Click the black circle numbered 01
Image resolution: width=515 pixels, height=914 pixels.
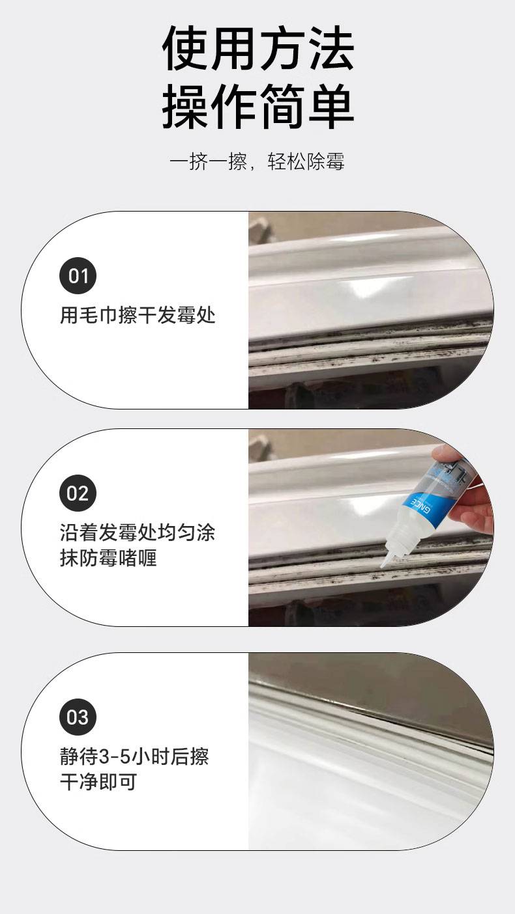coord(78,275)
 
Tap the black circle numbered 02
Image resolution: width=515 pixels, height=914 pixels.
coord(78,493)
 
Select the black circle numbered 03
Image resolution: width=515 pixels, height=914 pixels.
coord(78,717)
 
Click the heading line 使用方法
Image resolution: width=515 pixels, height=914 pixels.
coord(258,49)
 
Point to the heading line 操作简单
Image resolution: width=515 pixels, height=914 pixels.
coord(258,107)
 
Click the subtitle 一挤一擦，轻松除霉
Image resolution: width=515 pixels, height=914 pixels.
coord(257,161)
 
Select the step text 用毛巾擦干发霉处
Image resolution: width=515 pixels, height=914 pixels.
coord(138,316)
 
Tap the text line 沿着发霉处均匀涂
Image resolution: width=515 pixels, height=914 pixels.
coord(138,533)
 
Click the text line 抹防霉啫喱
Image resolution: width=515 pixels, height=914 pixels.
coord(108,558)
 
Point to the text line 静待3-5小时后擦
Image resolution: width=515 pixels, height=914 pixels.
coord(134,756)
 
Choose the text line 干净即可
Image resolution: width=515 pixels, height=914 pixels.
coord(98,782)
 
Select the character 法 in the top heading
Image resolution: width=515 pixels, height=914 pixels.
coord(331,49)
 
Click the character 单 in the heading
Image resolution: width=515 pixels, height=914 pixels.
coord(331,107)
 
